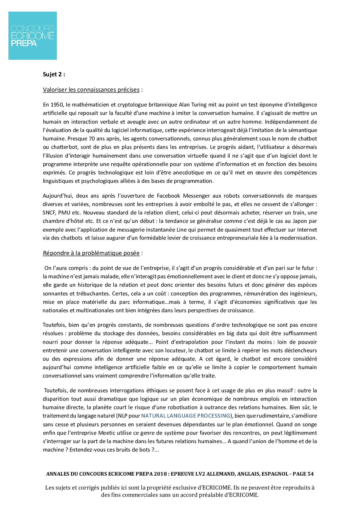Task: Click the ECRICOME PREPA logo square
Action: point(33,36)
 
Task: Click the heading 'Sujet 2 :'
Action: point(54,74)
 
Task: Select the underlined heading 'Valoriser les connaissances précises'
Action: point(91,90)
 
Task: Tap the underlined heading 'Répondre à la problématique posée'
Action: point(91,253)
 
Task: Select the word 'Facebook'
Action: point(168,196)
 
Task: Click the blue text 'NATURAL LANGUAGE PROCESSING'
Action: point(186,416)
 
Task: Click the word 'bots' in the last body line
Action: point(144,450)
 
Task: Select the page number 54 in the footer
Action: point(310,474)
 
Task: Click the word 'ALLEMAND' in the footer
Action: point(220,474)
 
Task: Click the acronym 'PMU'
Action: point(64,213)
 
